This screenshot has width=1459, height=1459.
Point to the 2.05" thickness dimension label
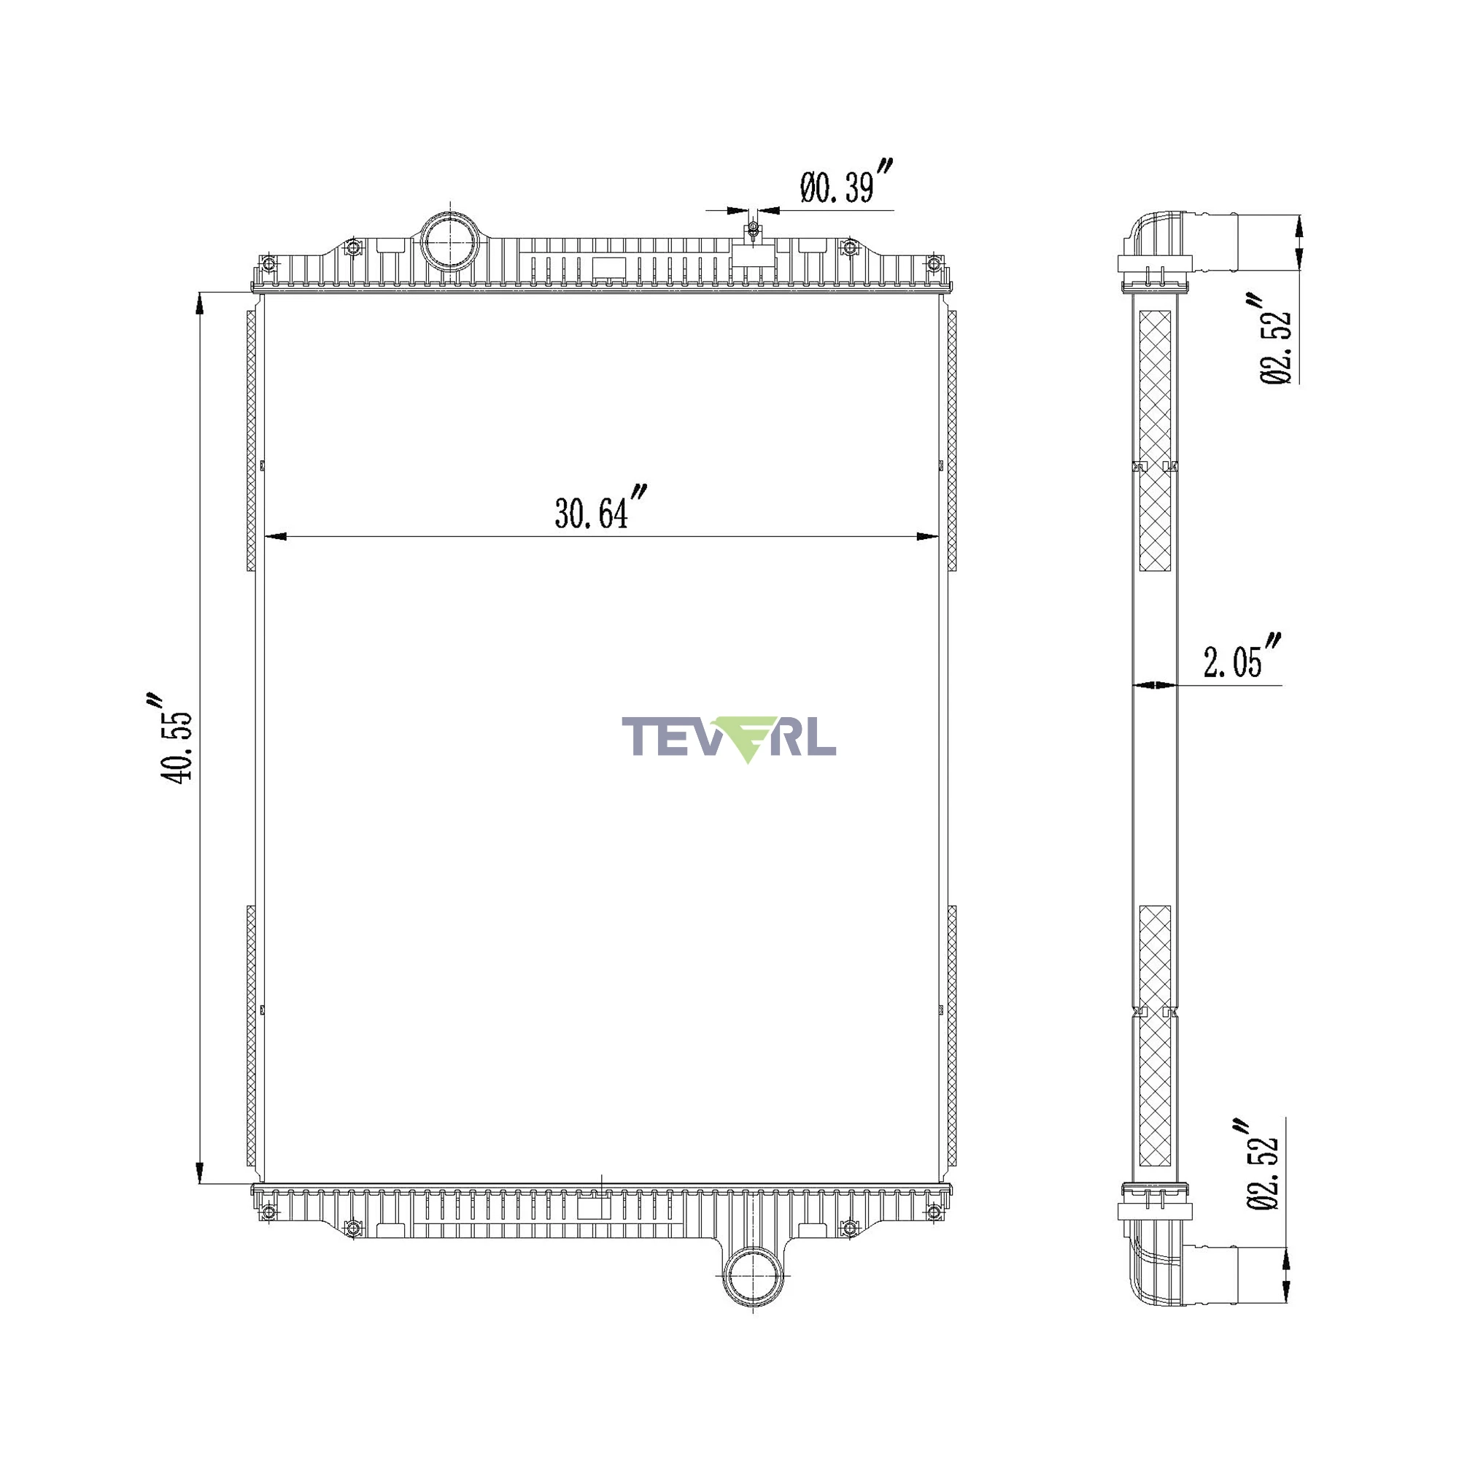1242,657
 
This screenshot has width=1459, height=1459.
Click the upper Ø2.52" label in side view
1275,338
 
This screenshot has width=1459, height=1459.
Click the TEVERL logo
729,738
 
